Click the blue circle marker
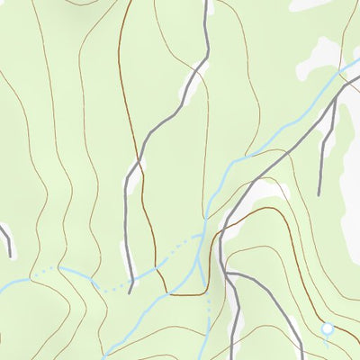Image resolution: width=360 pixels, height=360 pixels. (328, 329)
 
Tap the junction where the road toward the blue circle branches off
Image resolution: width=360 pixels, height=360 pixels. (227, 273)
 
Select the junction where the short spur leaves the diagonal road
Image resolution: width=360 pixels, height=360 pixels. (334, 100)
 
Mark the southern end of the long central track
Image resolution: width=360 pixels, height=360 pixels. (130, 292)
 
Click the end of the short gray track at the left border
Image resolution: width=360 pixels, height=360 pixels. (10, 256)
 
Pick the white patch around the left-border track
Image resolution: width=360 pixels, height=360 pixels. (4, 232)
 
